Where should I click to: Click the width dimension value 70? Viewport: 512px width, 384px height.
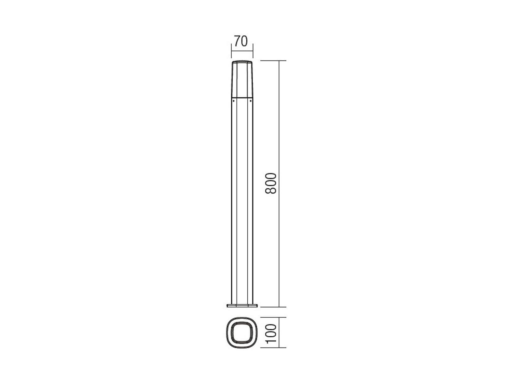pos(241,41)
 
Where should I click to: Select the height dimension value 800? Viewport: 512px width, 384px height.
pos(271,183)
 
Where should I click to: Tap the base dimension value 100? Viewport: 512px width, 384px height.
pos(271,334)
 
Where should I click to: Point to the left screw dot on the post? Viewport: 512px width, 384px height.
pos(234,101)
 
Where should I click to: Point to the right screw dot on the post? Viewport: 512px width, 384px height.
pos(251,101)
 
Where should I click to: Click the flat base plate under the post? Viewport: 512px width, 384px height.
pos(242,305)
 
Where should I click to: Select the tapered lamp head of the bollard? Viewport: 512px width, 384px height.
pos(242,79)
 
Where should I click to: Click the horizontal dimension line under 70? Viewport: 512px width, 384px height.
pos(242,51)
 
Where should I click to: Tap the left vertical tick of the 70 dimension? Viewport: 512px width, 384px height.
pos(231,51)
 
